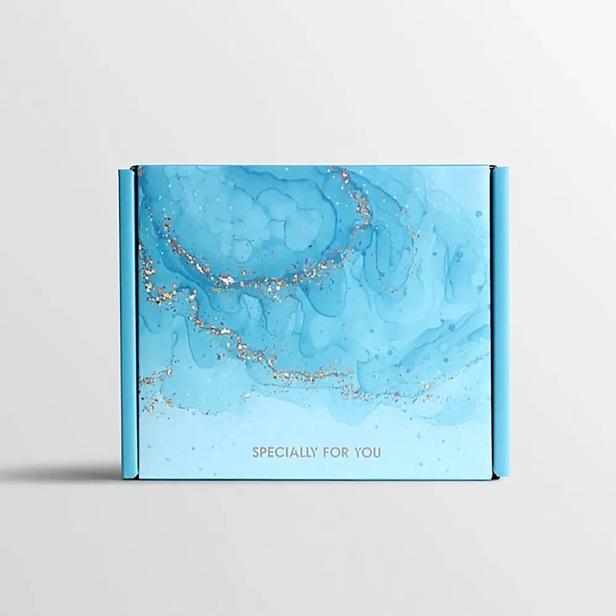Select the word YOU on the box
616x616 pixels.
pos(368,453)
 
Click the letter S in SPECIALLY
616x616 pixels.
pos(256,453)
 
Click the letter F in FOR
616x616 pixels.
pos(330,453)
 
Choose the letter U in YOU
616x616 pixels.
pos(377,453)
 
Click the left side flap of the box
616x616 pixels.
pos(128,320)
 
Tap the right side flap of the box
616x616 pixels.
pos(500,320)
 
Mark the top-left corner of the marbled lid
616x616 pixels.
pos(138,166)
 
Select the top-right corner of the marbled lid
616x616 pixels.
pos(491,166)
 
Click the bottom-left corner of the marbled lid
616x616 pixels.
pos(138,479)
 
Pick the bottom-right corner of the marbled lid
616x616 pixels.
pos(491,479)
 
